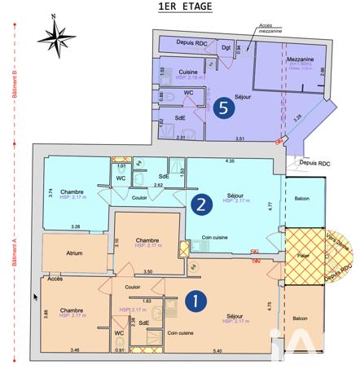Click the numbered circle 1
tap(195, 301)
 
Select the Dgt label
tap(227, 46)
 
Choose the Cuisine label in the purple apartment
tap(188, 72)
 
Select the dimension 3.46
tap(75, 350)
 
